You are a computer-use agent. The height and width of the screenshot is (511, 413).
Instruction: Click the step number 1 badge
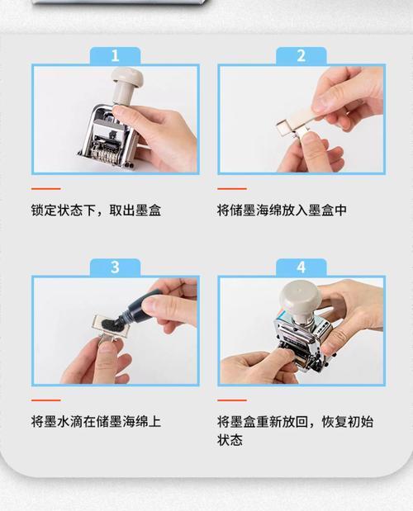tap(115, 56)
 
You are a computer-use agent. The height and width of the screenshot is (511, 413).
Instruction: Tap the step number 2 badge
tap(301, 56)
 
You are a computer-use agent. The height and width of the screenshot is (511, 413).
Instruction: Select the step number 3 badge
tap(115, 267)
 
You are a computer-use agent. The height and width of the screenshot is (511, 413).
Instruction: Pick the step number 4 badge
tap(301, 267)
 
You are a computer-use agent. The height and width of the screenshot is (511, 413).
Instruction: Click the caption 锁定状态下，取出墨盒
tap(96, 210)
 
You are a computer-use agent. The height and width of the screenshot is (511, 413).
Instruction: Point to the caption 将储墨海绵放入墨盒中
tap(282, 210)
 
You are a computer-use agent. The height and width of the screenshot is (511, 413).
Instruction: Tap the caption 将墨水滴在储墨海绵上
tap(96, 421)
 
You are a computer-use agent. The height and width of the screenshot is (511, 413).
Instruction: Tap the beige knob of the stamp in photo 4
tap(297, 296)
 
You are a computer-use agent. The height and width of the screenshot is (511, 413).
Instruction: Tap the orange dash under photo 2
tap(232, 188)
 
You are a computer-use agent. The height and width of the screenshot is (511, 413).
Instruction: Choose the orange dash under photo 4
tap(232, 400)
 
